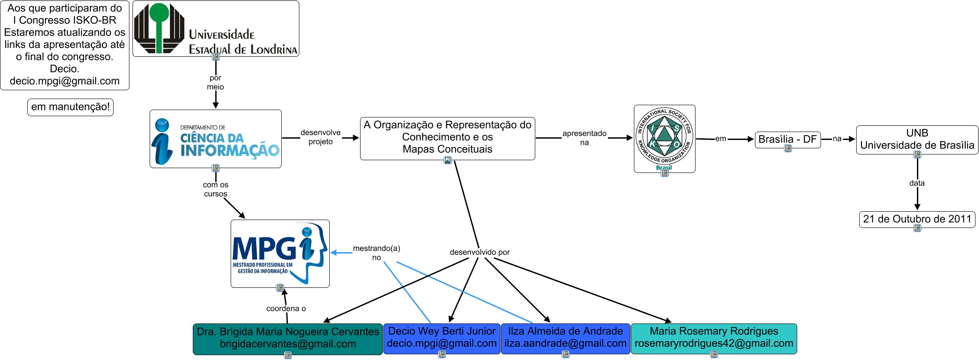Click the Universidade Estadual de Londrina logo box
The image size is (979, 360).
216,29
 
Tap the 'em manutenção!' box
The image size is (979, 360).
70,107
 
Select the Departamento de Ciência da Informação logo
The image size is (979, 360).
216,139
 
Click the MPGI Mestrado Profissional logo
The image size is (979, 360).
280,253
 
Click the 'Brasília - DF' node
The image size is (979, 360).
788,140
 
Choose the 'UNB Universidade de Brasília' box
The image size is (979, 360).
917,140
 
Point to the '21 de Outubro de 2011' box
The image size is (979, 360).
917,219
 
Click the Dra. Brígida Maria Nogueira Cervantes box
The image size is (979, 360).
287,338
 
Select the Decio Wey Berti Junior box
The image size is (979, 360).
442,338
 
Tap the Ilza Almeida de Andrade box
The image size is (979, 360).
565,338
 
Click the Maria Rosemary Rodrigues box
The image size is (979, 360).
714,338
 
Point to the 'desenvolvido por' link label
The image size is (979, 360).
479,252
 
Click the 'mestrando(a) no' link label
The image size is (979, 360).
376,253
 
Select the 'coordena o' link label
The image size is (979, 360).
286,309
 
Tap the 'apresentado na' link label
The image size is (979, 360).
584,138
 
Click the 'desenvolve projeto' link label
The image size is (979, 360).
320,137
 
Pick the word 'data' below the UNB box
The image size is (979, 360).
917,183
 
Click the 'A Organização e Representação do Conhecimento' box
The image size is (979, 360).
447,137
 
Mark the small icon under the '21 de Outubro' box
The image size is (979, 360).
917,228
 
